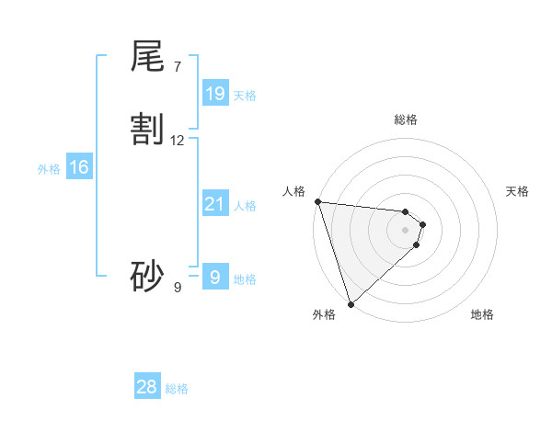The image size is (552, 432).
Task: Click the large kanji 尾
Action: click(147, 57)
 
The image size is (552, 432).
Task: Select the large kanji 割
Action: click(147, 130)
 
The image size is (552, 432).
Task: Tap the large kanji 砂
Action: click(147, 276)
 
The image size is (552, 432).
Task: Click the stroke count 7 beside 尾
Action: click(177, 66)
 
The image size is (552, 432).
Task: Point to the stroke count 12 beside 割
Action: click(178, 141)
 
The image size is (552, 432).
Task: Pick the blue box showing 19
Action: click(215, 93)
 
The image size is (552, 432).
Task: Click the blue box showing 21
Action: click(214, 204)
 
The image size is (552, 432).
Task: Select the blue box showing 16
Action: click(79, 167)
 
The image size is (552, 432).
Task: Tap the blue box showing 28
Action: click(147, 387)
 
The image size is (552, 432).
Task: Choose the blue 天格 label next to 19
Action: click(245, 95)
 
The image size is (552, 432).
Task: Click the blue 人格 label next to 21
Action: click(245, 206)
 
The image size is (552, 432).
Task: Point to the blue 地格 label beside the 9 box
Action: click(245, 279)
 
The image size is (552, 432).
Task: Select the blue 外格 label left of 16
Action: click(49, 169)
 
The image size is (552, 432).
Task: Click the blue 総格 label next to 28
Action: click(177, 389)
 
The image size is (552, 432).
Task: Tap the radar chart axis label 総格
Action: click(406, 119)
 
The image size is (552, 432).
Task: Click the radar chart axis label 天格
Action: click(518, 191)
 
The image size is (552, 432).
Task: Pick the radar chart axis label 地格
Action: click(482, 314)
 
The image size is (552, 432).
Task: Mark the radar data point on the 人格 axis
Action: click(317, 201)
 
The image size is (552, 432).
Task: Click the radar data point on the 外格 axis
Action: click(351, 303)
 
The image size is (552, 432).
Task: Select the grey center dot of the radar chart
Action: click(406, 230)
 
